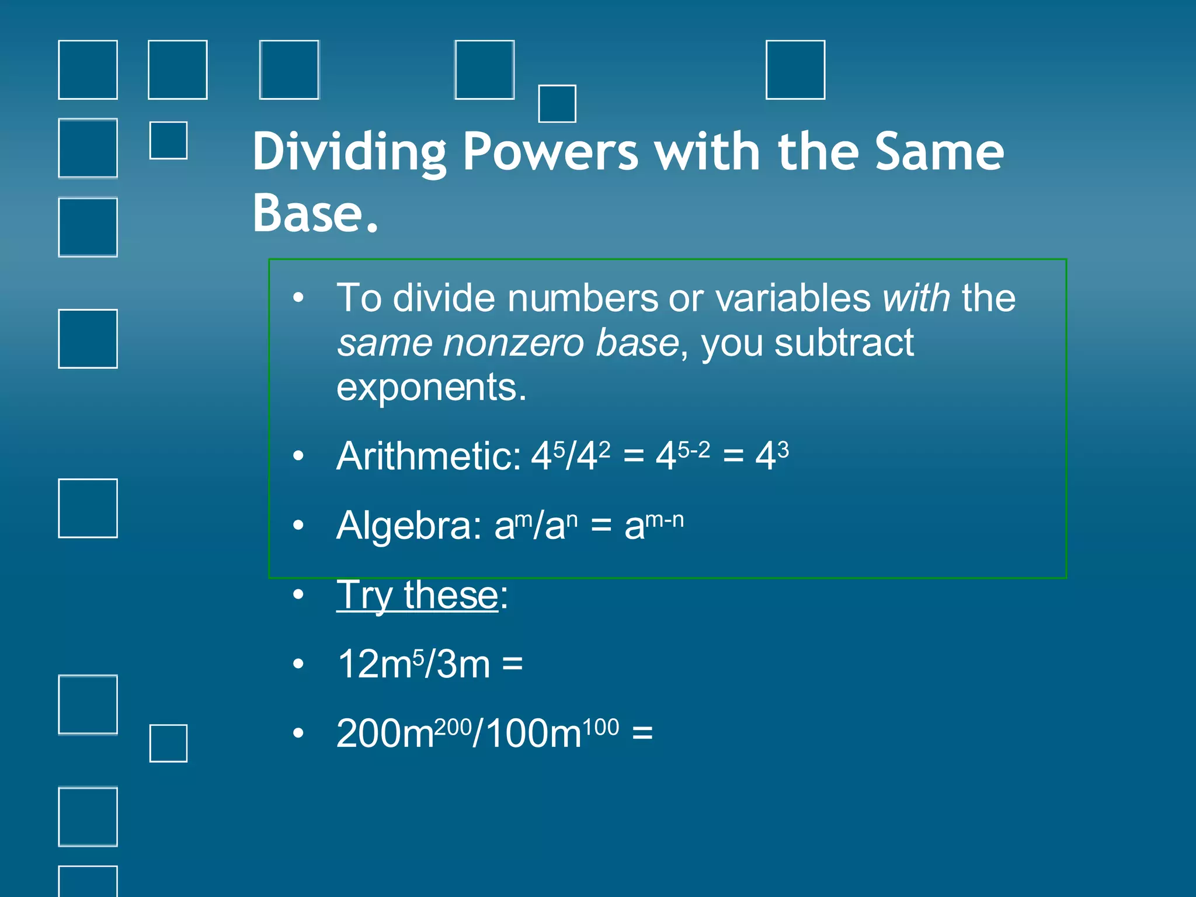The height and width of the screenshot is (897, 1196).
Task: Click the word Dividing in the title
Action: (x=349, y=152)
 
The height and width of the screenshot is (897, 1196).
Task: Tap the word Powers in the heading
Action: (x=550, y=152)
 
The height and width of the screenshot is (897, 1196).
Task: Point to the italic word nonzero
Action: (x=513, y=343)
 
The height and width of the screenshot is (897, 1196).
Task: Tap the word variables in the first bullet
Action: (x=792, y=298)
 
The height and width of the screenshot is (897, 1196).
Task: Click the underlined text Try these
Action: (x=417, y=595)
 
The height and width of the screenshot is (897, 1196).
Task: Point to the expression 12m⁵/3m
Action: (x=413, y=665)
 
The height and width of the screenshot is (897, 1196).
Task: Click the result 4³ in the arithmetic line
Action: (x=771, y=455)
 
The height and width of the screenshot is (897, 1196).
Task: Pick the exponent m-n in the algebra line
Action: (x=664, y=519)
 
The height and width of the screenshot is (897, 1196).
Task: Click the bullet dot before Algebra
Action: (x=298, y=526)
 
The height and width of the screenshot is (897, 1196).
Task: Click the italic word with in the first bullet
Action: (x=916, y=298)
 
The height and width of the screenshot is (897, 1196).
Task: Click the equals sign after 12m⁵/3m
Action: (x=512, y=665)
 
